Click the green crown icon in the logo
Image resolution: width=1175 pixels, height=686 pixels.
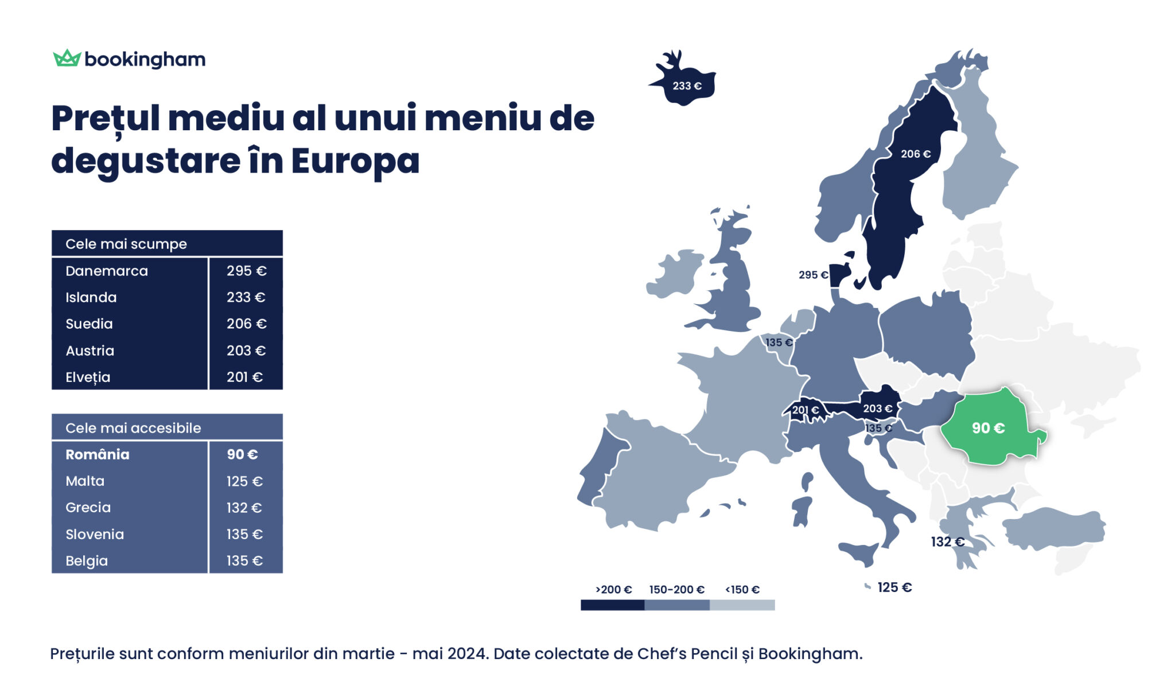click(67, 58)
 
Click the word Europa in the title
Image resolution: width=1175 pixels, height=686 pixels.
click(355, 161)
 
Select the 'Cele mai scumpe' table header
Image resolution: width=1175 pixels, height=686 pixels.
click(126, 244)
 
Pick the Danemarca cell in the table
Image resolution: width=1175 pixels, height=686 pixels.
click(107, 271)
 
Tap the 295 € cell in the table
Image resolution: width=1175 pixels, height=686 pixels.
click(246, 271)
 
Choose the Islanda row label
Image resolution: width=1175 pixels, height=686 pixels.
click(91, 297)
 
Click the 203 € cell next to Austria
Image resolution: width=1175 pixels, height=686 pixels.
click(246, 350)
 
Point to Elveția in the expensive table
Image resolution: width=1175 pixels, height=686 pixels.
click(88, 377)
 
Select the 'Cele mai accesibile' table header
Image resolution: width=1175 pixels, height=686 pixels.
click(133, 428)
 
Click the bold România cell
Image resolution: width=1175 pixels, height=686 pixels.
click(98, 454)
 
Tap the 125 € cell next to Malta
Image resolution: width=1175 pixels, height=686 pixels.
click(244, 481)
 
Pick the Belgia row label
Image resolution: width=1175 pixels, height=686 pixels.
click(87, 560)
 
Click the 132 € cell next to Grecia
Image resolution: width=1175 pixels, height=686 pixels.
click(244, 508)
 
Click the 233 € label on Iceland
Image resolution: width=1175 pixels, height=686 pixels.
click(687, 86)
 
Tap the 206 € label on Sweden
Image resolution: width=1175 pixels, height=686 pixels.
click(915, 154)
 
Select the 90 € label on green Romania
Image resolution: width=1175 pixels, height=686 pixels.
click(988, 428)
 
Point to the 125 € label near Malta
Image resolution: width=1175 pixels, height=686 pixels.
click(894, 587)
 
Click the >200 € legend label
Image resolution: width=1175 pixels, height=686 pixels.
click(613, 590)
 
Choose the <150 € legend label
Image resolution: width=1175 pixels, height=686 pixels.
click(742, 590)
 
